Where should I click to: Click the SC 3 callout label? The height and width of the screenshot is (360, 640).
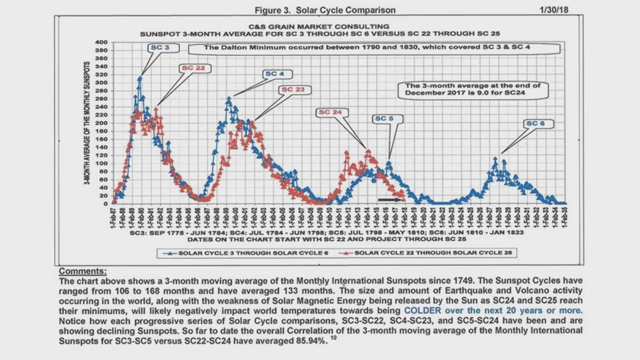pyautogui.click(x=159, y=48)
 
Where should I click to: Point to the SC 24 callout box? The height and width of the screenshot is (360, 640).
pyautogui.click(x=330, y=112)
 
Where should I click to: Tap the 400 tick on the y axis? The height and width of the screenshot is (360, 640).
pyautogui.click(x=101, y=42)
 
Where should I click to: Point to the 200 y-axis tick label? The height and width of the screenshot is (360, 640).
pyautogui.click(x=101, y=123)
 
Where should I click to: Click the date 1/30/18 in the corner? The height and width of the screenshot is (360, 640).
pyautogui.click(x=554, y=10)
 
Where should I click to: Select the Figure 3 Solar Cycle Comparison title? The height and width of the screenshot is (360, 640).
pyautogui.click(x=325, y=10)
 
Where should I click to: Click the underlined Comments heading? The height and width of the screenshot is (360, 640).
pyautogui.click(x=82, y=271)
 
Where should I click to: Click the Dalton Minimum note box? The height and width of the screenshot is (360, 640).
pyautogui.click(x=373, y=48)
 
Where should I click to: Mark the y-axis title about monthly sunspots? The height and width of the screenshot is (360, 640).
pyautogui.click(x=87, y=123)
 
